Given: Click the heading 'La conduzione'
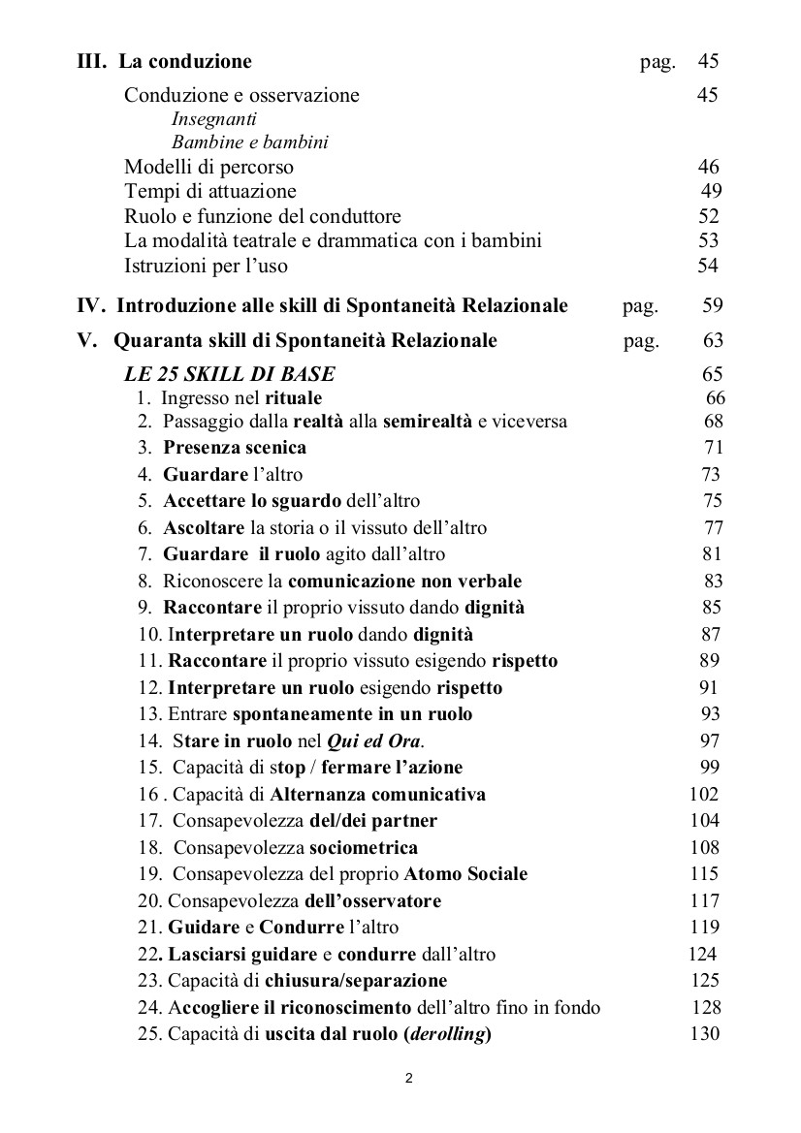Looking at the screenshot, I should (x=185, y=62).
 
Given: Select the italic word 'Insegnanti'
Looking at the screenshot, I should (x=213, y=119).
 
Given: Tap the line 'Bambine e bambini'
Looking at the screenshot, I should (x=249, y=142).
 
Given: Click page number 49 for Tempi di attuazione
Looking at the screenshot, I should (x=710, y=191).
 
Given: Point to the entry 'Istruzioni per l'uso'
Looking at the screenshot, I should (x=206, y=265).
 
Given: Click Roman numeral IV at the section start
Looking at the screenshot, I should (x=90, y=306).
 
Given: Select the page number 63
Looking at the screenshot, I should (x=712, y=341).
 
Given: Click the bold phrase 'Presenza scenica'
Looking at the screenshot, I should (x=235, y=448).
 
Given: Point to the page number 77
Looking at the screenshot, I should (x=713, y=528).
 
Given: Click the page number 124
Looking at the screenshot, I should (x=702, y=954).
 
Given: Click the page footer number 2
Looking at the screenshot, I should (x=409, y=1078).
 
